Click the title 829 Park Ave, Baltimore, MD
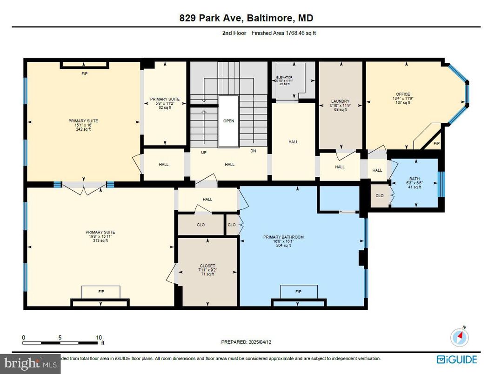point(246,18)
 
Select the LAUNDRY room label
point(340,101)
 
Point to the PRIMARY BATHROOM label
point(283,237)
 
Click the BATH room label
point(414,179)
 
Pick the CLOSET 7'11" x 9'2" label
point(207,266)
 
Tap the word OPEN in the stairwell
point(228,121)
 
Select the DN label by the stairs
point(253,151)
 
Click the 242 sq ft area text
point(83,129)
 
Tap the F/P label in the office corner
point(436,144)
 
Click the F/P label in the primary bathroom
point(298,292)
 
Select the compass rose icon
point(460,336)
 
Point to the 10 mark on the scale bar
point(98,338)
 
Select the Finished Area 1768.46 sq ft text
point(284,33)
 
